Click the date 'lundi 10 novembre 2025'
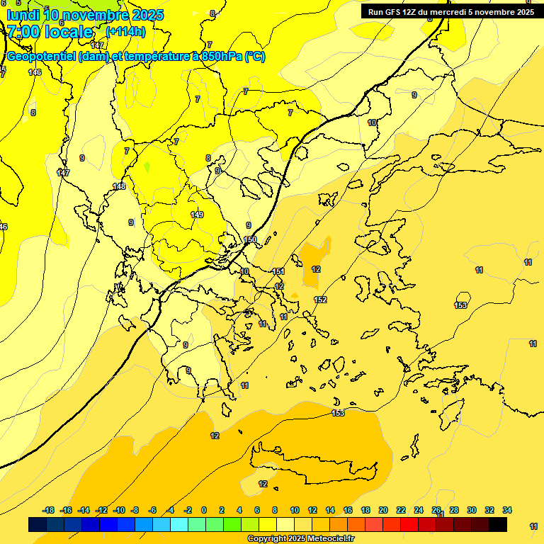click(x=85, y=15)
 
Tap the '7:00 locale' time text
click(x=50, y=32)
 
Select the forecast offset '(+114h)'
click(x=125, y=32)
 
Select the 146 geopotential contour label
click(x=35, y=72)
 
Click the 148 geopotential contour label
click(x=119, y=186)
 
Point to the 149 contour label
click(x=197, y=215)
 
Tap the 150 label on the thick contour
click(x=250, y=240)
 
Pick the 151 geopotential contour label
click(x=278, y=271)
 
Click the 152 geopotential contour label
click(x=320, y=300)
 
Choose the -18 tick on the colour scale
click(x=49, y=510)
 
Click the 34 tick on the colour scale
click(x=506, y=510)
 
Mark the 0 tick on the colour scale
click(x=204, y=510)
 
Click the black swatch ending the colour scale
click(x=498, y=524)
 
